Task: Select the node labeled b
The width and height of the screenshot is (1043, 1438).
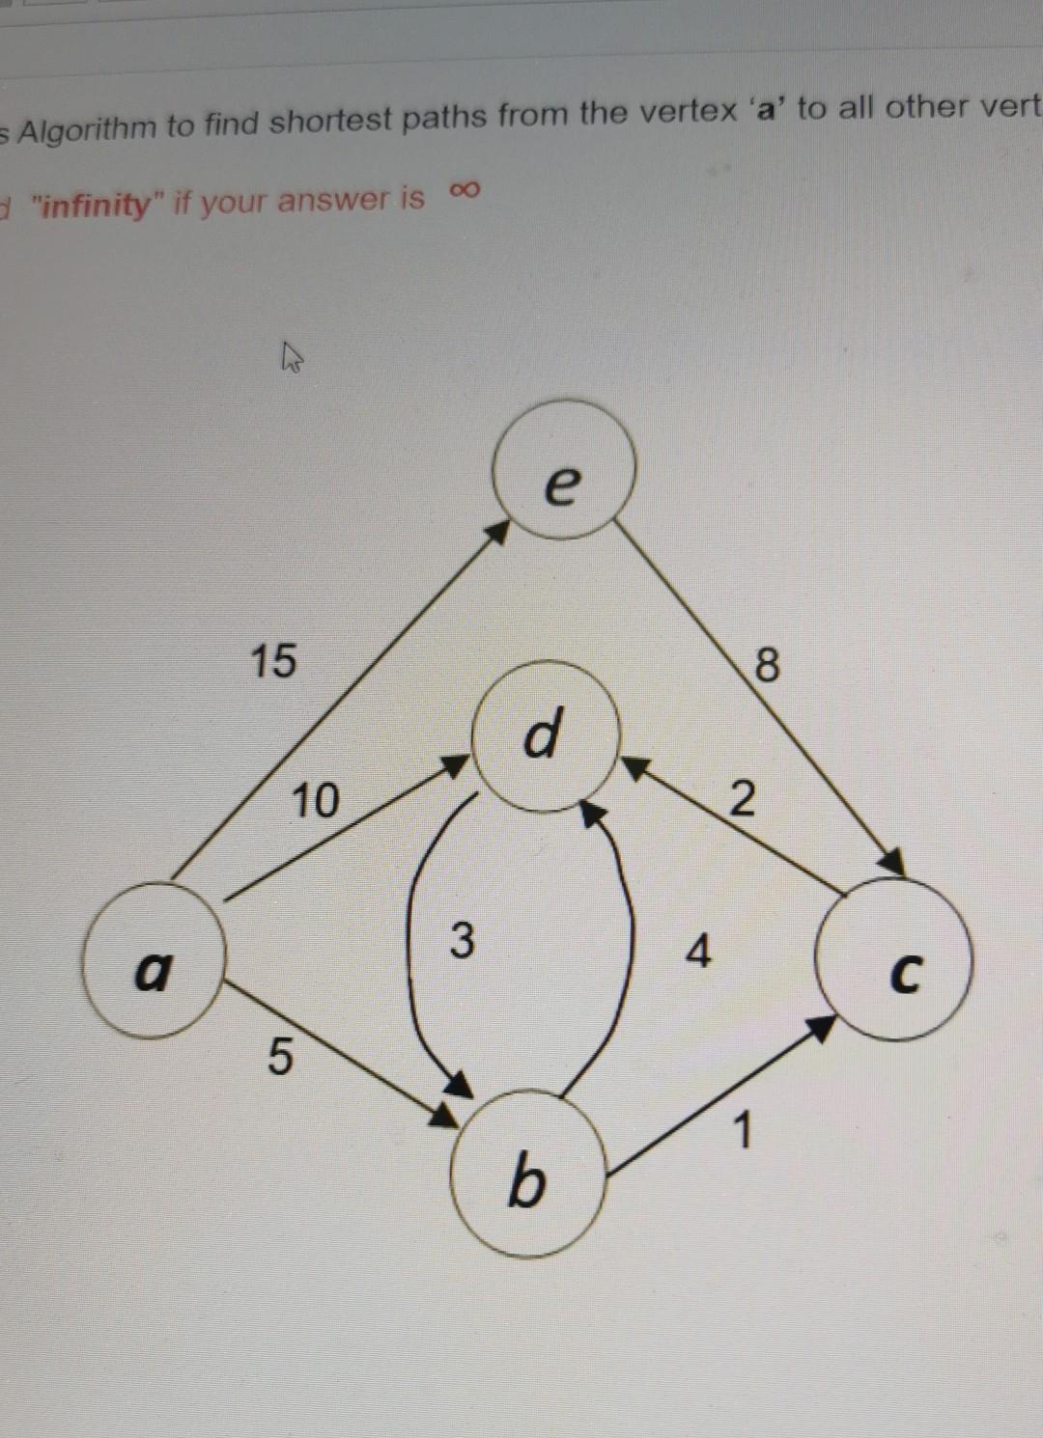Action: pyautogui.click(x=527, y=1174)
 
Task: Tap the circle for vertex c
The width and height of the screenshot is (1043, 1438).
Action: pyautogui.click(x=894, y=960)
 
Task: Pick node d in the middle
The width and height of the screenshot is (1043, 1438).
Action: pyautogui.click(x=544, y=734)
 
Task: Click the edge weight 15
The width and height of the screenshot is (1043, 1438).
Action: pyautogui.click(x=273, y=661)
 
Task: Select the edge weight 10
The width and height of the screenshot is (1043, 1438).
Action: pyautogui.click(x=316, y=800)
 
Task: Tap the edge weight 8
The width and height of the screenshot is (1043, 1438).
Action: pyautogui.click(x=766, y=665)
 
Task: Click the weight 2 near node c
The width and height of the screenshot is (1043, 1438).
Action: pyautogui.click(x=741, y=799)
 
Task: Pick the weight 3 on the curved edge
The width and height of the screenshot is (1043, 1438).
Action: pyautogui.click(x=463, y=940)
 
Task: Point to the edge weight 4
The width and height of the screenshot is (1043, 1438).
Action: pyautogui.click(x=698, y=953)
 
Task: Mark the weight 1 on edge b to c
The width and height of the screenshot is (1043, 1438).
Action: pyautogui.click(x=742, y=1131)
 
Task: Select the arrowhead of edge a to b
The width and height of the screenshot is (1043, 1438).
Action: pyautogui.click(x=444, y=1117)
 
